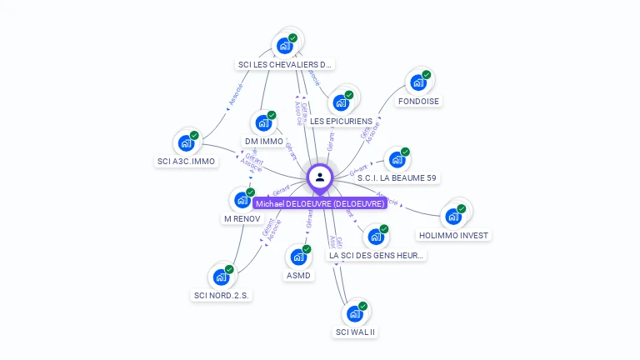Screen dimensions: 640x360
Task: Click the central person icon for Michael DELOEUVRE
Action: click(320, 177)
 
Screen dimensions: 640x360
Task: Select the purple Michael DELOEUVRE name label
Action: click(320, 203)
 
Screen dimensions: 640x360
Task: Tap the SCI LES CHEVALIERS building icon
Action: click(286, 44)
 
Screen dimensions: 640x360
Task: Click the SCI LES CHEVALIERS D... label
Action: click(285, 64)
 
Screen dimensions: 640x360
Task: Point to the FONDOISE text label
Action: click(418, 102)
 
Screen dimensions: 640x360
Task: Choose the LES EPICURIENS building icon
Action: click(341, 102)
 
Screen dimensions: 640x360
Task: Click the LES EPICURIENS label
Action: click(341, 122)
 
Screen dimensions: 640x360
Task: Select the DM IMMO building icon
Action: click(264, 122)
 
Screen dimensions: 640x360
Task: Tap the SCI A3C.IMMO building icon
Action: click(187, 142)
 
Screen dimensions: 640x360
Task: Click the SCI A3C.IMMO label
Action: click(186, 162)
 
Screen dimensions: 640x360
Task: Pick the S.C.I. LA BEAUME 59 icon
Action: click(397, 158)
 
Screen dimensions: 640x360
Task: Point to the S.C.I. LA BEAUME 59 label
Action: click(397, 178)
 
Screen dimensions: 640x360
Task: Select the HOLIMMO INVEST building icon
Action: click(454, 215)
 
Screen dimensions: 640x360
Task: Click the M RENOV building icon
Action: click(242, 199)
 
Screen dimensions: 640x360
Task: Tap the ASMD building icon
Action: click(299, 256)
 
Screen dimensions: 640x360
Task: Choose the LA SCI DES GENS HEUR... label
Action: click(377, 256)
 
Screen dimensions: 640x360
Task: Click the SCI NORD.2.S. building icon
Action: click(222, 276)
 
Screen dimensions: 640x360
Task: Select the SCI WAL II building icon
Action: click(356, 312)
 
